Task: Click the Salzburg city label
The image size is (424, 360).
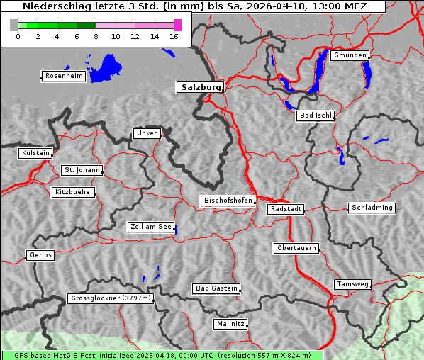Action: point(200,87)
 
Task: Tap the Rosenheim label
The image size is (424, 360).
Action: point(63,76)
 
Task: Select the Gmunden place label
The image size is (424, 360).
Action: point(350,55)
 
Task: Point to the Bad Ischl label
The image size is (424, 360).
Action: point(315,116)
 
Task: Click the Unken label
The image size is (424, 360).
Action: point(147,133)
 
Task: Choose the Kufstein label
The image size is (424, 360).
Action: point(35,153)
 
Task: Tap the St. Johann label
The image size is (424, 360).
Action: point(82,170)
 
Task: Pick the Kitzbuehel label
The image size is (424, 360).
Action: point(73,192)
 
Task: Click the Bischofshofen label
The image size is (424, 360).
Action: point(228,201)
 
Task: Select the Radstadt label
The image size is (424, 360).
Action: point(286,209)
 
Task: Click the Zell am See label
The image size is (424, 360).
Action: point(151,227)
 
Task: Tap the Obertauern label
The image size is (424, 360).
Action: point(296,248)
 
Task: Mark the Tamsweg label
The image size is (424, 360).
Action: point(352,284)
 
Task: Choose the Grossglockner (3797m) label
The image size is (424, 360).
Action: point(111,298)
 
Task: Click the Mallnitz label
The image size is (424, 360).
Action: point(230,324)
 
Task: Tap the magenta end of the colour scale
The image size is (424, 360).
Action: point(177,25)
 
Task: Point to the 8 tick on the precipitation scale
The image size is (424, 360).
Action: point(96,36)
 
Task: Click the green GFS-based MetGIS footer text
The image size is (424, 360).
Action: point(162,355)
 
